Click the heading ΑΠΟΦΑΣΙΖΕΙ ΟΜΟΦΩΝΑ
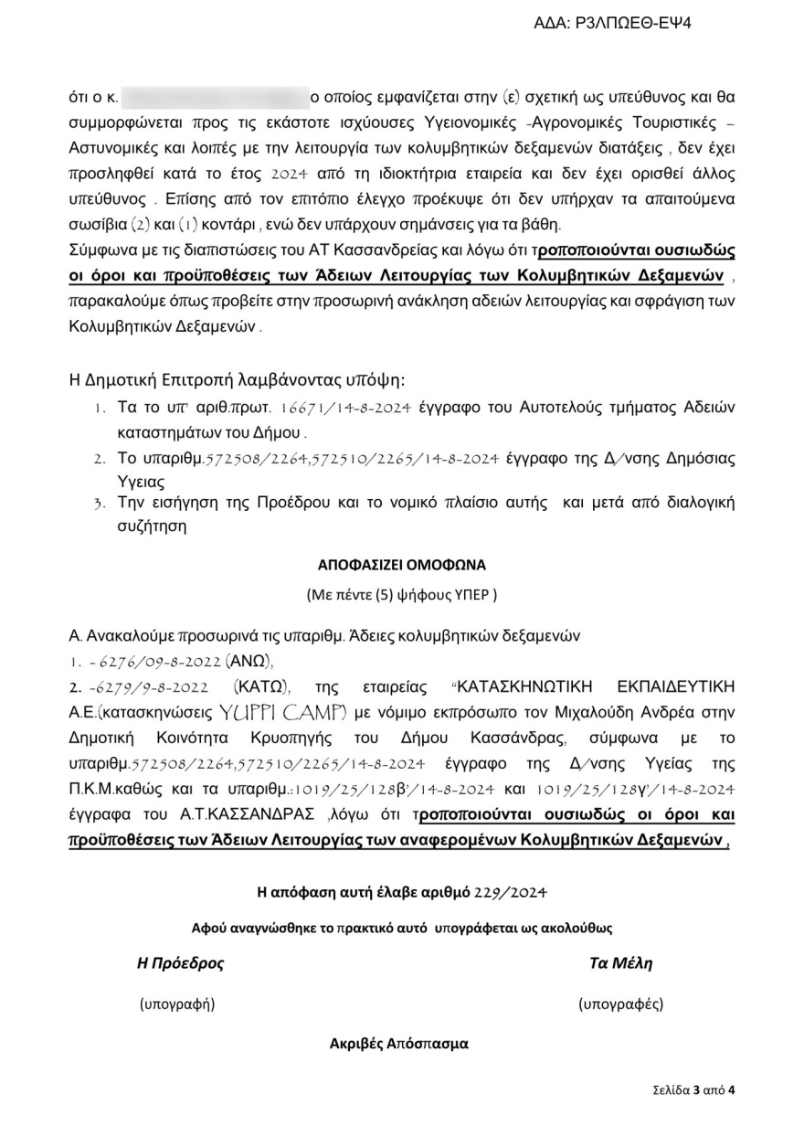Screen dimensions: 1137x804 (401, 564)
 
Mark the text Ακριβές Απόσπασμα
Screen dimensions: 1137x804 (399, 1043)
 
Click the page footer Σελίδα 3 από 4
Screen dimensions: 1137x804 (694, 1089)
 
